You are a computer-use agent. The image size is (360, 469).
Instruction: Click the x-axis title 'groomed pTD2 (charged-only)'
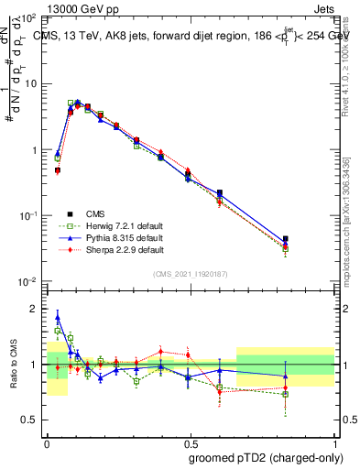pos(267,457)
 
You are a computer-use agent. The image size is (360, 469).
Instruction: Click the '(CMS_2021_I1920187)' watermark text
pos(191,272)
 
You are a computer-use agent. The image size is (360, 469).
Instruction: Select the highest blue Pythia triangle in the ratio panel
pos(58,319)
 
